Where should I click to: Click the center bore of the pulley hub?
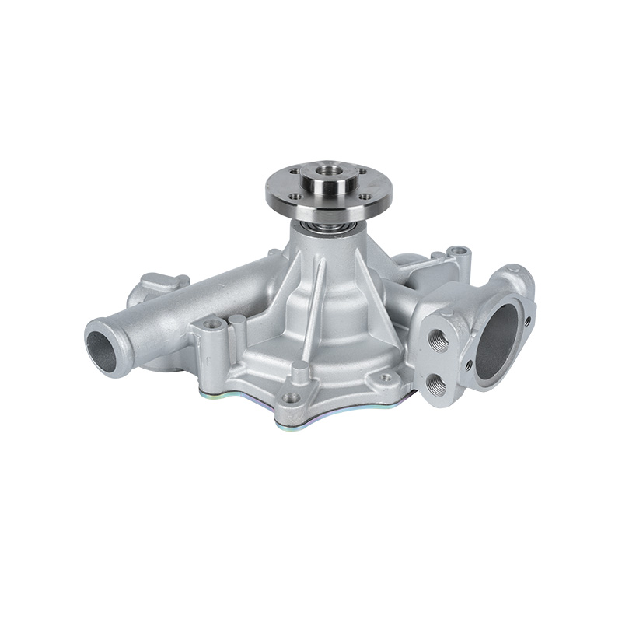point(327,167)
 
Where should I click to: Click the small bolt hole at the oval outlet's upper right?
point(528,320)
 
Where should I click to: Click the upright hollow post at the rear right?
point(459,253)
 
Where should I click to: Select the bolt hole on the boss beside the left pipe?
point(210,323)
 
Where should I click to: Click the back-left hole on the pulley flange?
point(295,172)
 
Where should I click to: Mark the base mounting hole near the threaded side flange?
point(384,378)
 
